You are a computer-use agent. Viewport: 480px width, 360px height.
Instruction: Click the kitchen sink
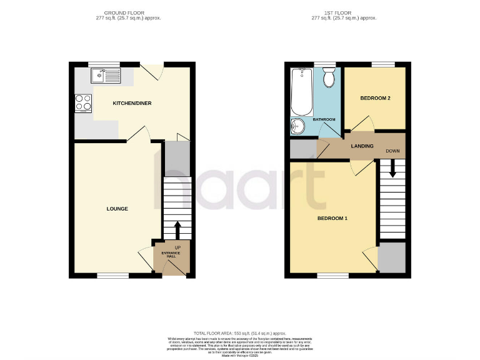tap(105, 76)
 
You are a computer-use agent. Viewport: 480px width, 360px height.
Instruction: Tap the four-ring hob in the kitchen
tap(82, 102)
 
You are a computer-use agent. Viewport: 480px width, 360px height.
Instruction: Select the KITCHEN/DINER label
tap(132, 103)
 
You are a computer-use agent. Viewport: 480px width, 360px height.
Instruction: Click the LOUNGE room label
tap(117, 209)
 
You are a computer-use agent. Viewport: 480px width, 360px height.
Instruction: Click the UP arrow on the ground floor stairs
tap(177, 229)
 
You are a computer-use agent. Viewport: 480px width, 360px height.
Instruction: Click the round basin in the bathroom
tap(298, 126)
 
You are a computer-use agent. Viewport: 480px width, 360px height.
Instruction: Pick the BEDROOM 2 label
tap(376, 98)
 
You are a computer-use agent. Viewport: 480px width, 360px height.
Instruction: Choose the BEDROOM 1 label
tap(332, 218)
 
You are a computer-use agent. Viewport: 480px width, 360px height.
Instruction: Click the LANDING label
tap(362, 146)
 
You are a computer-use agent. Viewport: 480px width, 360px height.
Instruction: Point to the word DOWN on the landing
tap(392, 151)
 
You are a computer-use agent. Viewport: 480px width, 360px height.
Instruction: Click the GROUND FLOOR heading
tap(132, 11)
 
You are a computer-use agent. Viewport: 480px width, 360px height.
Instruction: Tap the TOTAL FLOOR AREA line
tap(240, 334)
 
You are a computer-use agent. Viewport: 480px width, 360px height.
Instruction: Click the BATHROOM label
tap(324, 119)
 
